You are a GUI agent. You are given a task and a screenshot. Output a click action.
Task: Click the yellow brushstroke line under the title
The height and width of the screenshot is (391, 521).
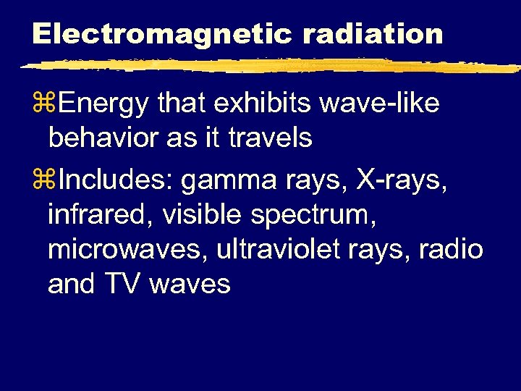coord(268,66)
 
